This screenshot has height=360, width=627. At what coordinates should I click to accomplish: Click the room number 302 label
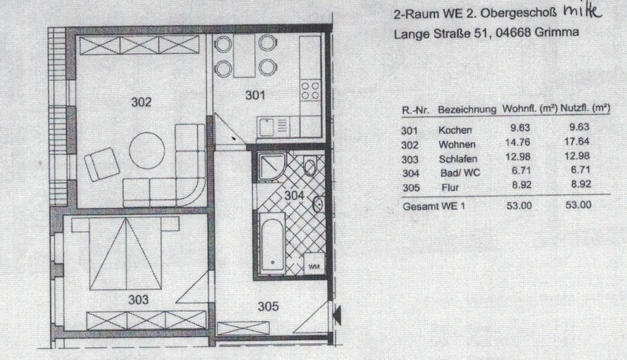[141, 103]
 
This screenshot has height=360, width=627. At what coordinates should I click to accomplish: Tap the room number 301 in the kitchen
[255, 95]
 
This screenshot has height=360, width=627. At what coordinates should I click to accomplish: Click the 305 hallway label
[268, 305]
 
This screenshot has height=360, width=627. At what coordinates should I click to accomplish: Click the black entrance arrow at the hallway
[336, 316]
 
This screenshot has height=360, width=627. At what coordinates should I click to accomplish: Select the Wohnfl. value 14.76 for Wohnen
[515, 144]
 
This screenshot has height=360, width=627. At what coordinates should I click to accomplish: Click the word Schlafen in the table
[458, 159]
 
